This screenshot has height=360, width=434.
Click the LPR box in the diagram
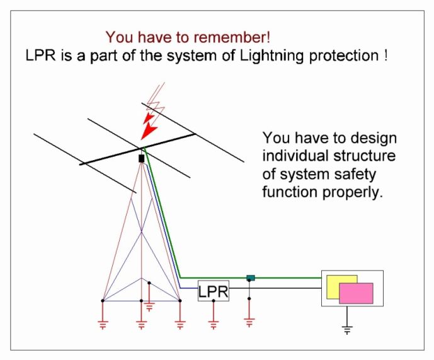(x=213, y=291)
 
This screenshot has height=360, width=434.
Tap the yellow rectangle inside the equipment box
(x=333, y=287)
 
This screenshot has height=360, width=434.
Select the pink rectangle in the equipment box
(x=356, y=293)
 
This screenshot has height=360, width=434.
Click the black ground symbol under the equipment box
(x=347, y=330)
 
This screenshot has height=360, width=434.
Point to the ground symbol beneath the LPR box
(x=213, y=325)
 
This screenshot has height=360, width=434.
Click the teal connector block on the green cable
(x=251, y=277)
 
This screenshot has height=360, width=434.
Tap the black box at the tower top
(x=142, y=158)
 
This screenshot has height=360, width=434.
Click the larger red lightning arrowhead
(x=149, y=131)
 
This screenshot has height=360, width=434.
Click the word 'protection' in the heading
(x=343, y=56)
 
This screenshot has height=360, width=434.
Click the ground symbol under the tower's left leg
(x=103, y=325)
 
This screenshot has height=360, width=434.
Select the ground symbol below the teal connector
(x=249, y=323)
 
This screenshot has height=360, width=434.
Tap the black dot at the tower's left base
(x=103, y=301)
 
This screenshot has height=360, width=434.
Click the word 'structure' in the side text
(x=364, y=156)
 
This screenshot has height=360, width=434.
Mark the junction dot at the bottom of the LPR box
(x=214, y=301)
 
